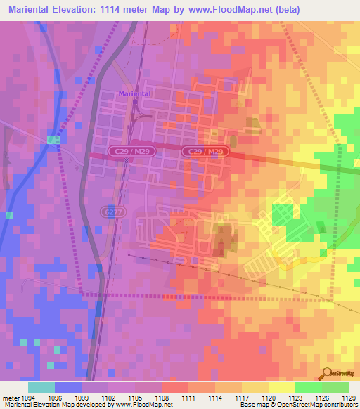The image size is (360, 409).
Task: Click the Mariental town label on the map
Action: [135, 93]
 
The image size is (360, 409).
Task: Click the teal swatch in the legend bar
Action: [41, 387]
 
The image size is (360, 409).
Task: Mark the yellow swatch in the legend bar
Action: [282, 387]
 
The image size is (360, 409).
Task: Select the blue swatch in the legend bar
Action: [68, 387]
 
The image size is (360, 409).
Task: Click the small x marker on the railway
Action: [127, 160]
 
